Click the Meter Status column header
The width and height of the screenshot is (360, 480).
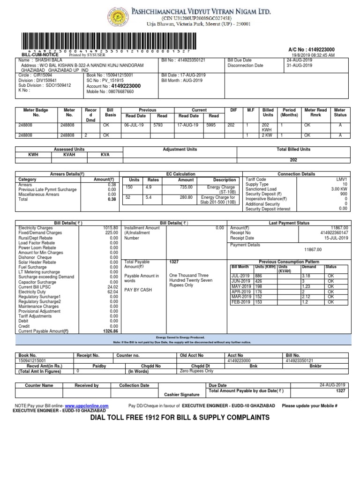coord(340,112)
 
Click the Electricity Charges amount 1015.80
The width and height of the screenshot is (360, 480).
coord(111,228)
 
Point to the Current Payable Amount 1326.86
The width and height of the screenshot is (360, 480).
coord(111,330)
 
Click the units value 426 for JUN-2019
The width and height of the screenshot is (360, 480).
coord(259,281)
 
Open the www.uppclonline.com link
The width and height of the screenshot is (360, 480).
coord(87,405)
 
